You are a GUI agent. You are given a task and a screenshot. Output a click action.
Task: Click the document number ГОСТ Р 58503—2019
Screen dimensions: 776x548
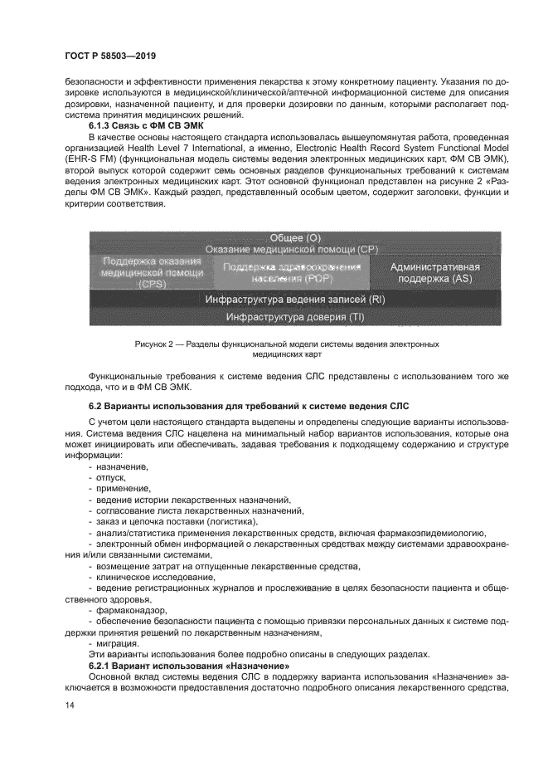coord(112,56)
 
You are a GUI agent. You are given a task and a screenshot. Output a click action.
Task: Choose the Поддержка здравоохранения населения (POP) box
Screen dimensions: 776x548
coord(291,272)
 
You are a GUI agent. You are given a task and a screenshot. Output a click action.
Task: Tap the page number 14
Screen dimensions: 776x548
coord(70,705)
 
